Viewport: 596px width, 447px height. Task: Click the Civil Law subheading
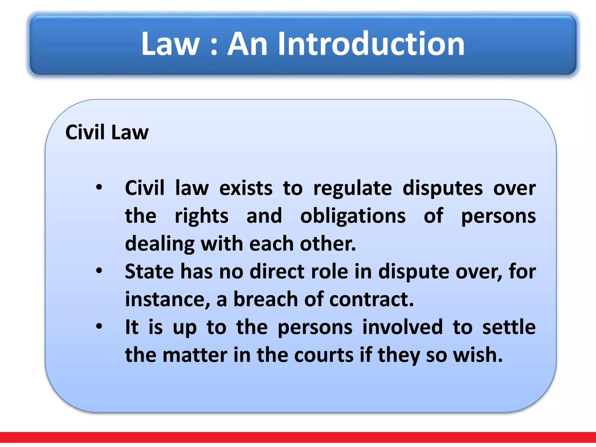(x=107, y=132)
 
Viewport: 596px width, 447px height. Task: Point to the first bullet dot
(x=99, y=187)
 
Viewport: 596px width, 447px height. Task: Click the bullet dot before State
(x=99, y=271)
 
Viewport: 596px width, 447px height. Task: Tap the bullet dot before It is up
(x=99, y=326)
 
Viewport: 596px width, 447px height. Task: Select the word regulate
(x=352, y=189)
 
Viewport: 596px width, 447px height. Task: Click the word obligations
(x=353, y=216)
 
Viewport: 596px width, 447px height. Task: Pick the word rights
(x=201, y=217)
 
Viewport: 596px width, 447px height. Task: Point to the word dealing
(x=159, y=244)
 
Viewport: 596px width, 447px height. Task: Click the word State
(x=149, y=271)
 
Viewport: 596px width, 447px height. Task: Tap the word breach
(x=266, y=299)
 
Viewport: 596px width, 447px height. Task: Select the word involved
(x=402, y=327)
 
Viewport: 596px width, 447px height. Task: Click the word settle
(x=509, y=327)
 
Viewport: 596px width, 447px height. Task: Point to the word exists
(x=246, y=188)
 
